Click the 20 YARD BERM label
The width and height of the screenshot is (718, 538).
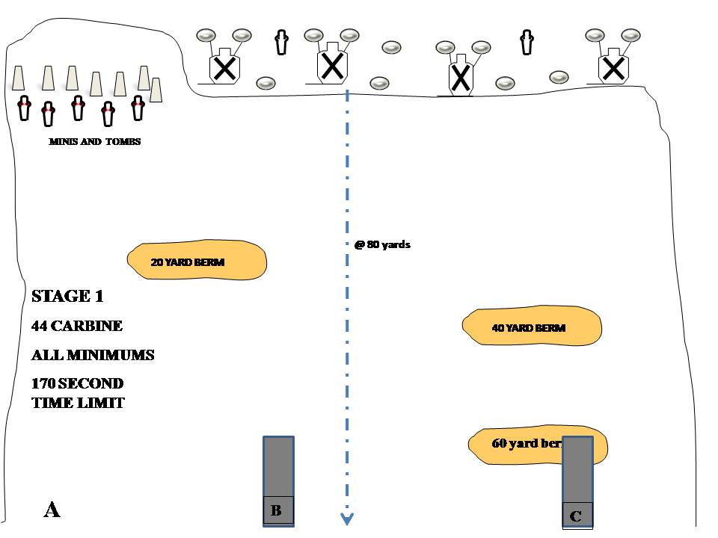point(187,262)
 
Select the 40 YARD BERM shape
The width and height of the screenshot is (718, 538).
point(532,326)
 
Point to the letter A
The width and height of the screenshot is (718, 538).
point(52,509)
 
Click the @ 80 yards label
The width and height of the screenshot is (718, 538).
point(382,244)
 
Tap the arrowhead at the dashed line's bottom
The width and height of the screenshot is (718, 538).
point(347,519)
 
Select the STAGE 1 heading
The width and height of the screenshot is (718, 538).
point(67,296)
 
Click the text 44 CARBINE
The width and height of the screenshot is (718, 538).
point(77,326)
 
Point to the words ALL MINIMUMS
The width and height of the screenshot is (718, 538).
point(93,355)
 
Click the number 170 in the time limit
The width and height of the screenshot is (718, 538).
point(43,383)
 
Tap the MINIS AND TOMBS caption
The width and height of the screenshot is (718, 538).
point(95,141)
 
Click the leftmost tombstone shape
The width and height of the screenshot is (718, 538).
point(18,78)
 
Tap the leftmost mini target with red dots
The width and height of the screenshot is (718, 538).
point(24,108)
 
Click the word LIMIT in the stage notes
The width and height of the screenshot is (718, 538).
point(101,403)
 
